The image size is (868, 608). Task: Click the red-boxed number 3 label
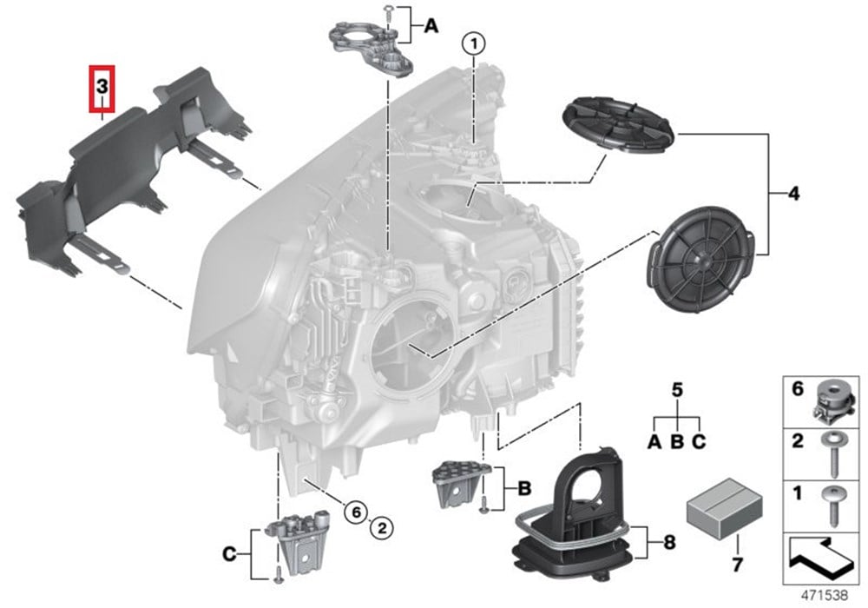pos(102,88)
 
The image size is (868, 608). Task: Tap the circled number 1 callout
pos(474,43)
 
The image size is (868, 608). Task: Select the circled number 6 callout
pos(356,512)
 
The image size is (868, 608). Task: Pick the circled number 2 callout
pos(382,528)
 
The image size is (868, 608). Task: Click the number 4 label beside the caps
pos(794,195)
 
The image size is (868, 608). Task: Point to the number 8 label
pos(669,542)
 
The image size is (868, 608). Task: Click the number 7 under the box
pos(737,565)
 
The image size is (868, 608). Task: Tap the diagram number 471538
pos(825,595)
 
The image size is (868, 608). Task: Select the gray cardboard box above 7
pos(724,508)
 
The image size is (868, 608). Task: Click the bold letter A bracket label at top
pos(431,25)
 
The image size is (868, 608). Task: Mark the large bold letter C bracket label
pos(229,554)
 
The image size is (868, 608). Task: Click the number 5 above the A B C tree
pos(677,390)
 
